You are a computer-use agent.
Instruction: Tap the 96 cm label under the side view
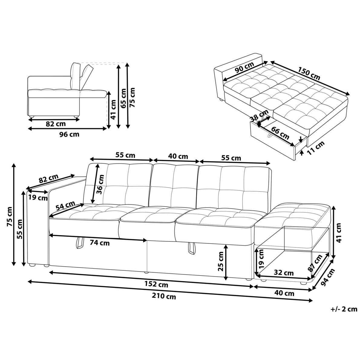(x=70, y=134)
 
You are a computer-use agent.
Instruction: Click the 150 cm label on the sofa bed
(x=309, y=74)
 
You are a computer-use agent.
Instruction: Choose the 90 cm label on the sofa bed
(x=244, y=67)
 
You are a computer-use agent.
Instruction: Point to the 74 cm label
(x=100, y=243)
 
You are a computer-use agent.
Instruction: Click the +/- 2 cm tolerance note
(x=344, y=309)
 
